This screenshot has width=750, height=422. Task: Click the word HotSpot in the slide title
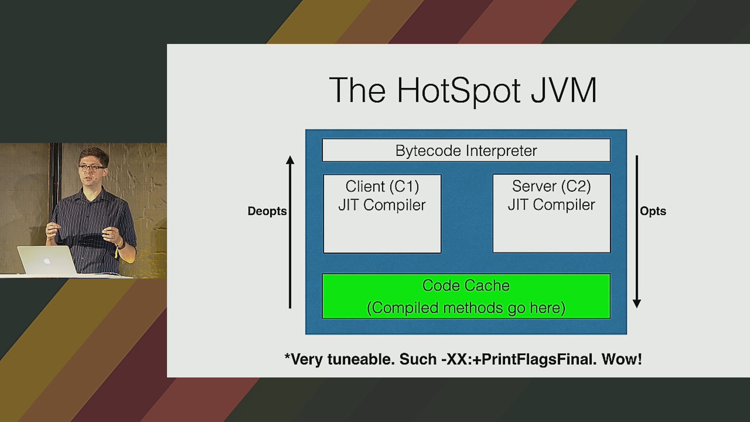(x=459, y=91)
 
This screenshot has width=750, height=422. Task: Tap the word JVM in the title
(x=564, y=91)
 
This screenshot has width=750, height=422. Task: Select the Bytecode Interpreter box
(x=466, y=150)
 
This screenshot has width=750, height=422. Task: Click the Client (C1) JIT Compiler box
(x=382, y=214)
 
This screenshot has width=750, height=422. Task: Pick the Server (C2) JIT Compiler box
(x=552, y=214)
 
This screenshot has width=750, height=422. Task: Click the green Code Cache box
(x=466, y=296)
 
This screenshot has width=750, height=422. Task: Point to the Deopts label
(x=267, y=211)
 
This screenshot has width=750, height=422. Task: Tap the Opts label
(x=653, y=211)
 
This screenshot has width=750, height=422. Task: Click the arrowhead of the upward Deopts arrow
(x=290, y=160)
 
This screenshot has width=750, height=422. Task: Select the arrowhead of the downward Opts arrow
(x=637, y=304)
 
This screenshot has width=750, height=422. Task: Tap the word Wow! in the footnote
(x=622, y=359)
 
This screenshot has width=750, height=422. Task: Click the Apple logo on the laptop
(x=47, y=260)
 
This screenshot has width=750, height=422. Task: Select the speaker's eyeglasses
(x=92, y=168)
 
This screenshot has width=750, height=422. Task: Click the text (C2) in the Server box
(x=576, y=187)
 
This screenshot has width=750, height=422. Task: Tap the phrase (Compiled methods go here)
(x=466, y=308)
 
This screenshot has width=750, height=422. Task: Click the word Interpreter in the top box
(x=501, y=151)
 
